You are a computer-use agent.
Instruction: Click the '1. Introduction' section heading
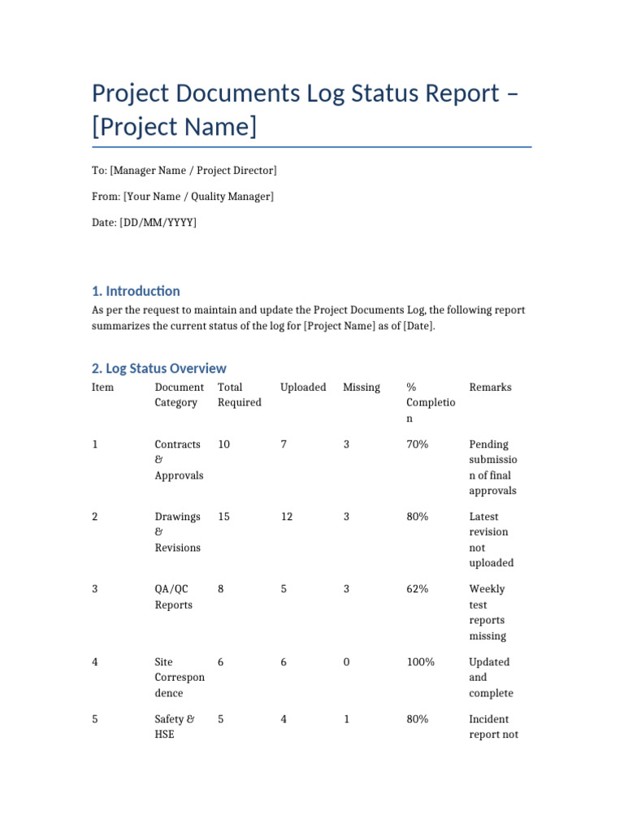136,291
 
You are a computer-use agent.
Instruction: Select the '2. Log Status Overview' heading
158,368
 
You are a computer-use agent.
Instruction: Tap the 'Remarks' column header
490,388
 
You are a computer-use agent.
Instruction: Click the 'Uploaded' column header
303,388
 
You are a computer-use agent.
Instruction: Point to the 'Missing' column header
362,388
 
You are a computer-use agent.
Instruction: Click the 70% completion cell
417,444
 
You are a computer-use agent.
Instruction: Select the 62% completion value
417,589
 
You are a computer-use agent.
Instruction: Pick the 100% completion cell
420,662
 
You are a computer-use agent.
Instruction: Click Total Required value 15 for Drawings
223,517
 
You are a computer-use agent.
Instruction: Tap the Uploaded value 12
287,517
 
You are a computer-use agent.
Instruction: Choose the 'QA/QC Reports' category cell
174,597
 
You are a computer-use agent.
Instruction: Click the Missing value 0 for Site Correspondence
346,662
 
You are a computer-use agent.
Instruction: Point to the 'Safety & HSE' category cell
174,726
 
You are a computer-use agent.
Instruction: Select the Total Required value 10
223,444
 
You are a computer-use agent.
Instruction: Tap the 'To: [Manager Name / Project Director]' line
184,171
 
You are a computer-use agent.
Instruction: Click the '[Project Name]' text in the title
174,128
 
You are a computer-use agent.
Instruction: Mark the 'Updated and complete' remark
491,678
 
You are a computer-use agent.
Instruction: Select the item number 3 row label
95,589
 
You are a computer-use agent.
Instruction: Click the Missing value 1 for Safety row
346,719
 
